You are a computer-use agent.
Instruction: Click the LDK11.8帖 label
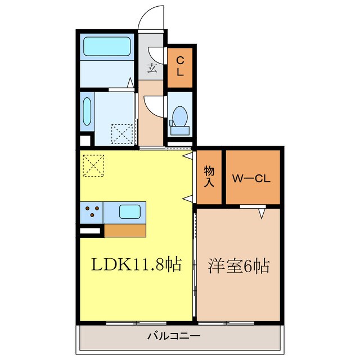(x=134, y=265)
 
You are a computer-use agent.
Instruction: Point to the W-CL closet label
(x=253, y=179)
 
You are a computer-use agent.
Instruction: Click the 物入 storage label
(x=209, y=177)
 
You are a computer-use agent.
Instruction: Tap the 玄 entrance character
(x=152, y=68)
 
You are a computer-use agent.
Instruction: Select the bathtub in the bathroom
(x=107, y=47)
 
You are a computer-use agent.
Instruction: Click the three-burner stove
(x=93, y=213)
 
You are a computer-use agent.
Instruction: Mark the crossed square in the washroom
(x=121, y=133)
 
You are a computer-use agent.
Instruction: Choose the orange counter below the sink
(x=125, y=229)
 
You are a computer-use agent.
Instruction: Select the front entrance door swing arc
(x=151, y=17)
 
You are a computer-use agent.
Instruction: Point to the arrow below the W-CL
(x=262, y=213)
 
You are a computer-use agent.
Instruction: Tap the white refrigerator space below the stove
(x=90, y=230)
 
